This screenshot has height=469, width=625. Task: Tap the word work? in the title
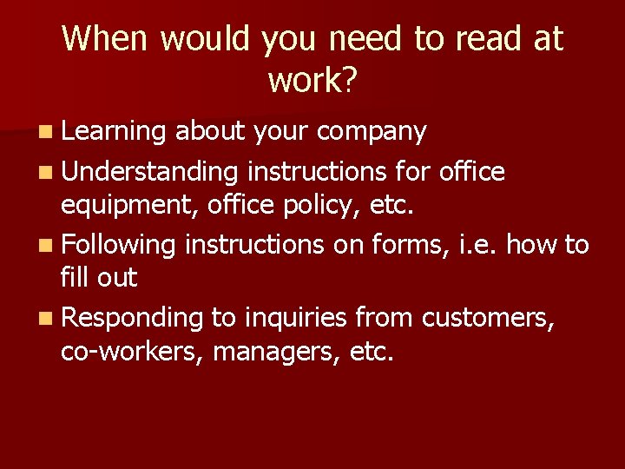coord(312,80)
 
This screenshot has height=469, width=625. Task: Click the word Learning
coord(114,132)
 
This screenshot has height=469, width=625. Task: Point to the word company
coord(372,132)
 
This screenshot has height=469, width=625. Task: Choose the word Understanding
coord(149,172)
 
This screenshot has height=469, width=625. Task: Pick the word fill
coord(73,278)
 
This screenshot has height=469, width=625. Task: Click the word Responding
coord(132,319)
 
